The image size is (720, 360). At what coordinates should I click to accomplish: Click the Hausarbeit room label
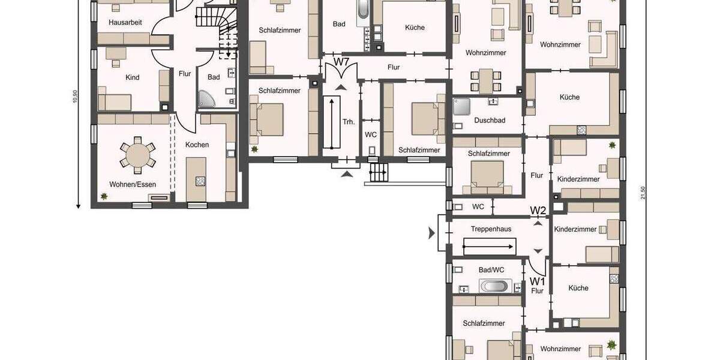coord(125,22)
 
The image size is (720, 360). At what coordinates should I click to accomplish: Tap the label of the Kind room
coord(132,77)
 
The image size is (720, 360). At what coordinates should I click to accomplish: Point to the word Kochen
coord(197,145)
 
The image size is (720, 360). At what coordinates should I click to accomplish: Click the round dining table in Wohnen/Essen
coord(137,155)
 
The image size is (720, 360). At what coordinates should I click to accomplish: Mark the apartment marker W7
coord(342,62)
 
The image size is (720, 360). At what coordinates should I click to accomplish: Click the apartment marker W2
coord(538,211)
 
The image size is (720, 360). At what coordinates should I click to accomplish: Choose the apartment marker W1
coord(537,281)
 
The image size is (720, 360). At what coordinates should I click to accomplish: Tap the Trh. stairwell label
coord(349,122)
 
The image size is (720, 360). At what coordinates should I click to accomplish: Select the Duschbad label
coord(490,120)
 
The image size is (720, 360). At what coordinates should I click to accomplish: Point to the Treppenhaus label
coord(490,229)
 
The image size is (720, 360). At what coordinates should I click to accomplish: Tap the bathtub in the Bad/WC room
coord(496,286)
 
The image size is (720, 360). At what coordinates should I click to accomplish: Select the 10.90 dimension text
coord(75,96)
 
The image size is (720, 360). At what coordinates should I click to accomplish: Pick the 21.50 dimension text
coord(643,193)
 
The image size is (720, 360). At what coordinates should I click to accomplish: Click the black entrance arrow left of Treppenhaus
coord(431,233)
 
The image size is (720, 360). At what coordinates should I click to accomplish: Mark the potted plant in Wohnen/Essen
coord(104,196)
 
